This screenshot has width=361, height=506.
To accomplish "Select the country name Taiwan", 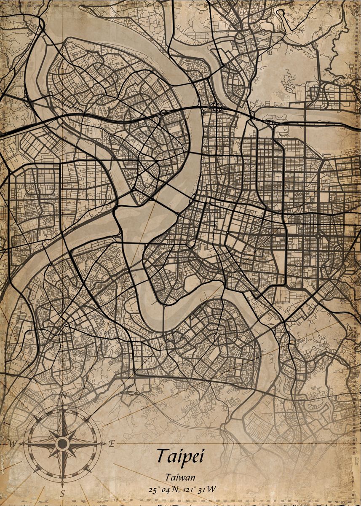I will (x=180, y=478).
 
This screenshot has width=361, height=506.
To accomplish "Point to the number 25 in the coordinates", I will (x=152, y=490).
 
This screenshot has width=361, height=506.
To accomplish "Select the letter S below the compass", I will (x=62, y=493).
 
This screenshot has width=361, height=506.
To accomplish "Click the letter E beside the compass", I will (x=112, y=443).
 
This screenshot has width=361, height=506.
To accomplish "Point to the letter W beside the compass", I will (x=13, y=444).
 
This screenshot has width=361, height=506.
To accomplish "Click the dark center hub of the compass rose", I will (x=62, y=444).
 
